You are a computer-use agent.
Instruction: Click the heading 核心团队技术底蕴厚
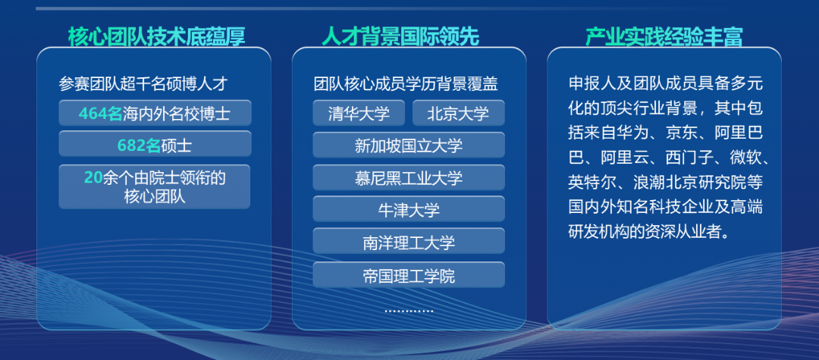click(x=157, y=36)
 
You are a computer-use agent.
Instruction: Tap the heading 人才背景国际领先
click(x=400, y=36)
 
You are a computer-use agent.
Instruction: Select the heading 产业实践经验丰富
click(x=664, y=36)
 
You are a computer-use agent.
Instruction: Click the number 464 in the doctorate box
click(x=93, y=113)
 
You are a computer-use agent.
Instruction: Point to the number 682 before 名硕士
click(x=132, y=146)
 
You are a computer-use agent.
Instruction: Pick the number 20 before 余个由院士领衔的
click(x=93, y=178)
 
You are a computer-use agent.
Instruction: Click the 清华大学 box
click(x=359, y=113)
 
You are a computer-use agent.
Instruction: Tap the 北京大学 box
click(x=459, y=113)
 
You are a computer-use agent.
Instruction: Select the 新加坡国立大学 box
click(x=409, y=145)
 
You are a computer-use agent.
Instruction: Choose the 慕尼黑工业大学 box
click(x=409, y=178)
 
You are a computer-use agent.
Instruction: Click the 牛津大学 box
click(x=409, y=209)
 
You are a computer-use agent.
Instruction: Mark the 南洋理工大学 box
click(x=409, y=242)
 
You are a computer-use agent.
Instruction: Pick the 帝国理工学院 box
click(x=409, y=275)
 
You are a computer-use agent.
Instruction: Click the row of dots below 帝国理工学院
click(x=409, y=311)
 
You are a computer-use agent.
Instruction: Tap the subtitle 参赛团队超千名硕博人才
click(x=143, y=83)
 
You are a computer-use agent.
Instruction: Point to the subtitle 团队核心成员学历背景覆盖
click(x=406, y=83)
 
